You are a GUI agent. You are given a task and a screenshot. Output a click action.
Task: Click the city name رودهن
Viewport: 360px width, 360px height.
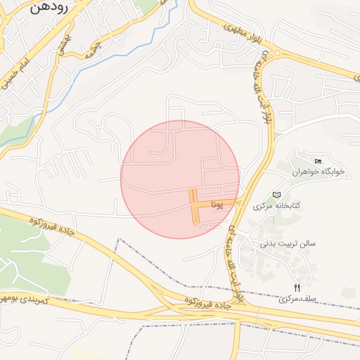pyautogui.click(x=49, y=9)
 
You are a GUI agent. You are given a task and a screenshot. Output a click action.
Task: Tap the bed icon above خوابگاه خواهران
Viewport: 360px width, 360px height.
pyautogui.click(x=318, y=162)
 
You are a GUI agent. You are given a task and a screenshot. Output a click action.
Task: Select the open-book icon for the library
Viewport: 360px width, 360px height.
pyautogui.click(x=276, y=194)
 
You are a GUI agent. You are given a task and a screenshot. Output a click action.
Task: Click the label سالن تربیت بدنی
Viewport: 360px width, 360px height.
pyautogui.click(x=288, y=244)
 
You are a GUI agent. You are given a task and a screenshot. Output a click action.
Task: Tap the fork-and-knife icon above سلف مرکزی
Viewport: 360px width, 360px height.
pyautogui.click(x=297, y=288)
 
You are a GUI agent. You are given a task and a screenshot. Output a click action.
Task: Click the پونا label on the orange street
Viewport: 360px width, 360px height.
pyautogui.click(x=218, y=204)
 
